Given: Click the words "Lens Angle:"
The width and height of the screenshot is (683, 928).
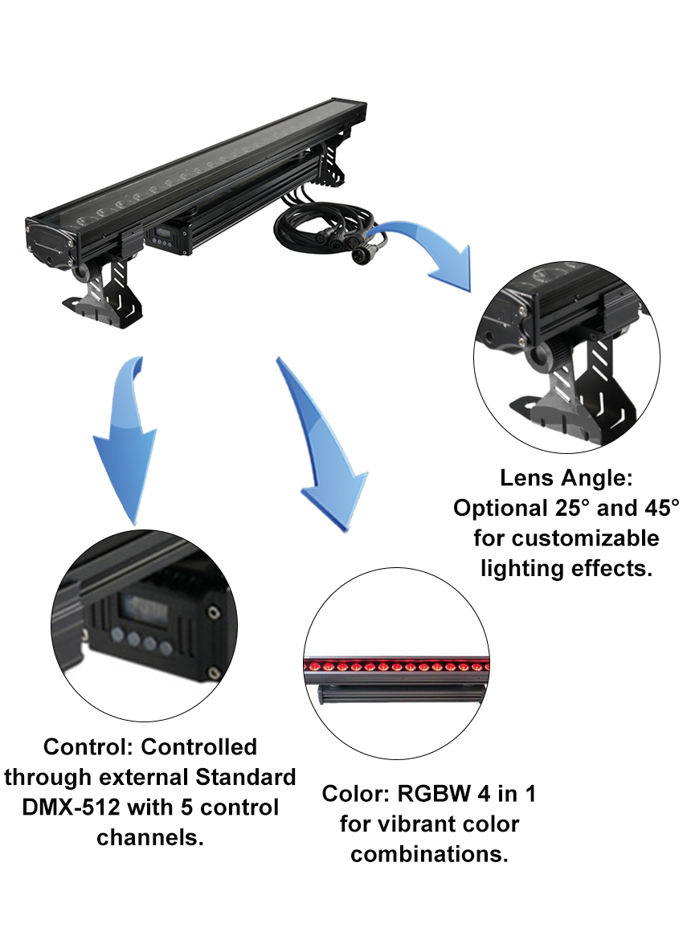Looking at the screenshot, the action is tap(566, 477).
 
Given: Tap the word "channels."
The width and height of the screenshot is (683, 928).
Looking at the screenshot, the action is tap(149, 837).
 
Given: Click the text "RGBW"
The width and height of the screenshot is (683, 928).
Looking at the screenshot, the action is tap(434, 794).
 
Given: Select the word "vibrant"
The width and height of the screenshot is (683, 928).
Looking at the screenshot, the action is tap(418, 824).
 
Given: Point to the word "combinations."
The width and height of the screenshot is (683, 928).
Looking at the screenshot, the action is tap(429, 854).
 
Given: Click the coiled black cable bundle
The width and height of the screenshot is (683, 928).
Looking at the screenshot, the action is tap(325, 228).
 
